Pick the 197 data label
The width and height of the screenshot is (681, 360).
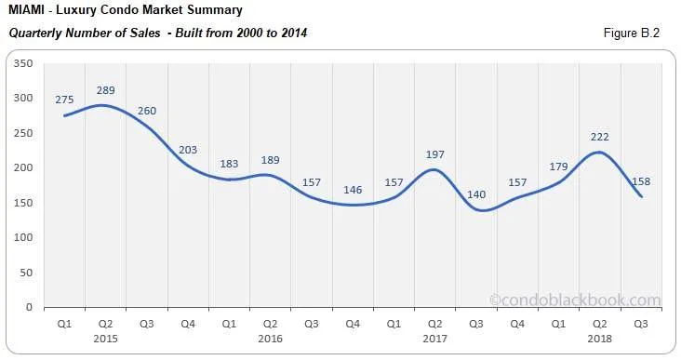pos(434,153)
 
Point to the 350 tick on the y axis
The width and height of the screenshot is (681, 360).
pos(24,63)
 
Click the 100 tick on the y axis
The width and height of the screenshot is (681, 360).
pos(24,237)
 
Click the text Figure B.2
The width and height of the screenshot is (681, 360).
pos(633,33)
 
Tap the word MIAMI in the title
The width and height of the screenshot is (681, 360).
pos(27,11)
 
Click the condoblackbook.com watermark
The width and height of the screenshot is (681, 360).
pos(575,300)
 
